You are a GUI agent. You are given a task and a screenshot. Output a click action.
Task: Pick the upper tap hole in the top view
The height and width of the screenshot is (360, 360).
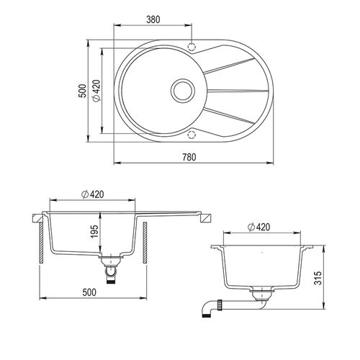click(192, 47)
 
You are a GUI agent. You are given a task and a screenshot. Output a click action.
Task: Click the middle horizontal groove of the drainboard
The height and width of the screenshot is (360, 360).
click(238, 91)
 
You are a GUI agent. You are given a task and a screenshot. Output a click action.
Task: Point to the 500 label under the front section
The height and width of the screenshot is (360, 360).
click(89, 293)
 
